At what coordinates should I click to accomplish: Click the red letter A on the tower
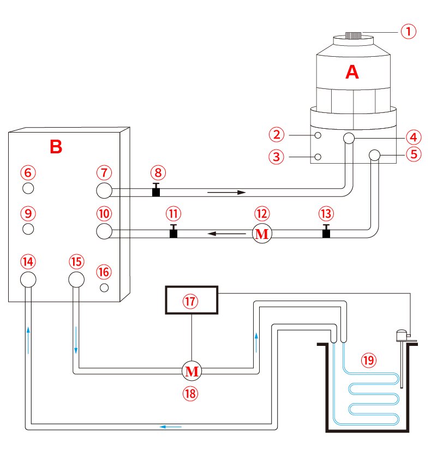(353, 72)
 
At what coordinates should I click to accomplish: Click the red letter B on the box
(56, 146)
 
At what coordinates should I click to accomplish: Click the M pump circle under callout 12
(262, 234)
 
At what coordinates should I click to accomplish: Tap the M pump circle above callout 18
(191, 372)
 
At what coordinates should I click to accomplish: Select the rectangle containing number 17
(191, 301)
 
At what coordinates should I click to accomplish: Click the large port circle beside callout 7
(104, 190)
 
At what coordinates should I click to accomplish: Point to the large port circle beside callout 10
(104, 231)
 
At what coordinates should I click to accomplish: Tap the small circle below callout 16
(105, 287)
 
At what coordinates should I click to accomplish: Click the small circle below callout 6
(29, 188)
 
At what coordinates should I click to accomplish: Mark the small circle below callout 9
(29, 228)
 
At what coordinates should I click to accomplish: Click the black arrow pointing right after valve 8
(226, 192)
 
